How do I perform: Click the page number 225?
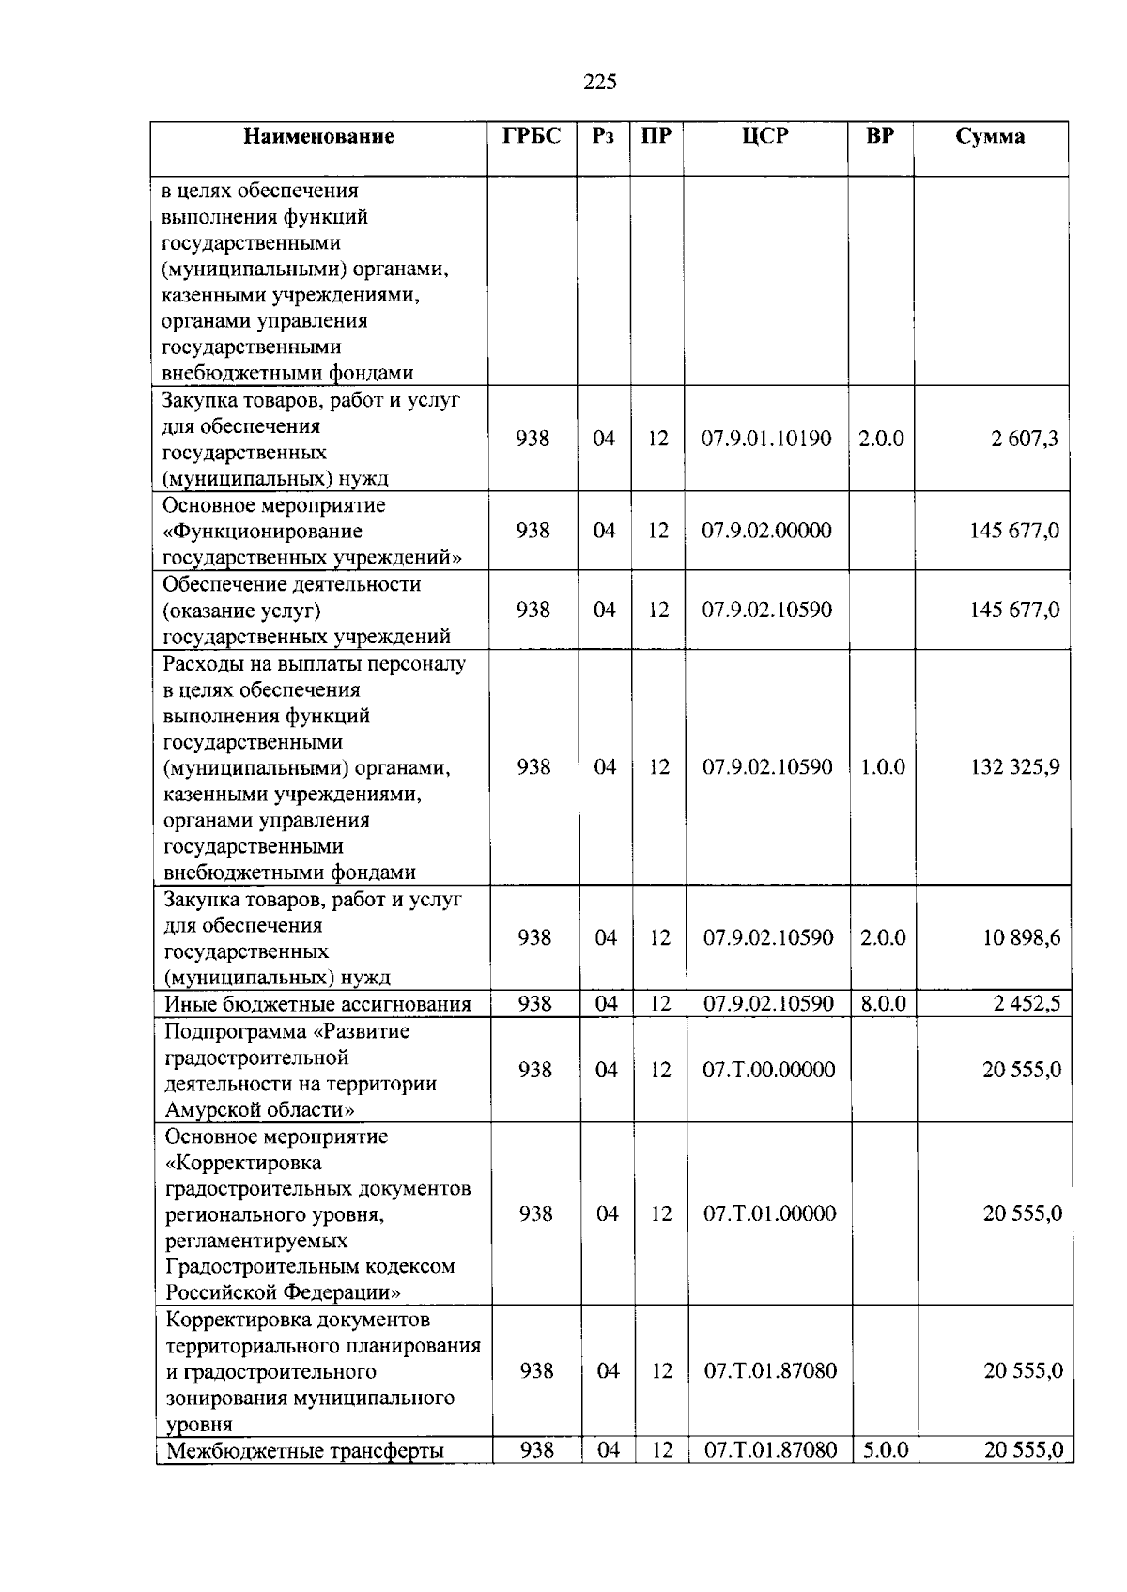(600, 82)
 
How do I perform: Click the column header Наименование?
(318, 137)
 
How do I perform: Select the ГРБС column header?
(532, 136)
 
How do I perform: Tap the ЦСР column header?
(764, 136)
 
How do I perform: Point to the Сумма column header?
(990, 137)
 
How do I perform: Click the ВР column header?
(880, 136)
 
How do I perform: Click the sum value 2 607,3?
(1024, 439)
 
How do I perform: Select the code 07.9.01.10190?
(766, 439)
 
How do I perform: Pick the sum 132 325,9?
(1014, 767)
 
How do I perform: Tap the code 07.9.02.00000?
(766, 531)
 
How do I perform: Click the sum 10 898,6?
(1021, 938)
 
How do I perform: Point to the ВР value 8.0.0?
(884, 1004)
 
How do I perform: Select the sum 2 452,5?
(1027, 1004)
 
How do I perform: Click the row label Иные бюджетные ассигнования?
(317, 1004)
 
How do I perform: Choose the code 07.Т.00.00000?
(768, 1070)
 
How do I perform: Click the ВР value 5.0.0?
(886, 1450)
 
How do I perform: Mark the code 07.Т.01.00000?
(769, 1213)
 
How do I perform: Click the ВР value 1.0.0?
(882, 767)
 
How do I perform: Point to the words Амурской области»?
(260, 1110)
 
